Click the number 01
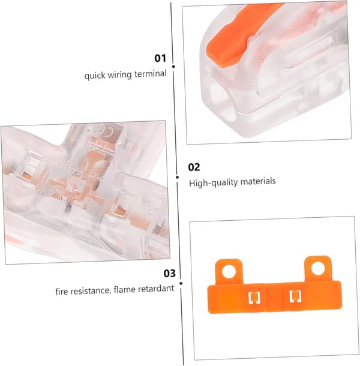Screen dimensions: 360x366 pyautogui.click(x=160, y=58)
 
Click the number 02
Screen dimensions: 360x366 pyautogui.click(x=194, y=167)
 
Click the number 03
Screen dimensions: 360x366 pyautogui.click(x=169, y=274)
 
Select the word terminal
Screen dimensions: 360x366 pyautogui.click(x=151, y=74)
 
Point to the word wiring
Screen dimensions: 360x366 pyautogui.click(x=119, y=75)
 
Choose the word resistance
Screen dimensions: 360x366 pyautogui.click(x=91, y=291)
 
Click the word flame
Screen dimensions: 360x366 pyautogui.click(x=124, y=290)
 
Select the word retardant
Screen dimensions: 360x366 pyautogui.click(x=156, y=289)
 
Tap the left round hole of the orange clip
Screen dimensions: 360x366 pyautogui.click(x=229, y=271)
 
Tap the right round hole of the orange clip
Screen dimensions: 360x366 pyautogui.click(x=318, y=268)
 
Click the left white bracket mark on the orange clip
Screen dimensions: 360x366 pyautogui.click(x=254, y=298)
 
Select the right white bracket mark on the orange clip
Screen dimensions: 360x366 pyautogui.click(x=295, y=296)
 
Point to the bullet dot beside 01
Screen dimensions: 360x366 pyautogui.click(x=173, y=67)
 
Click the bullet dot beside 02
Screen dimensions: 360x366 pyautogui.click(x=177, y=178)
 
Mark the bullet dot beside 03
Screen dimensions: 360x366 pyautogui.click(x=181, y=283)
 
